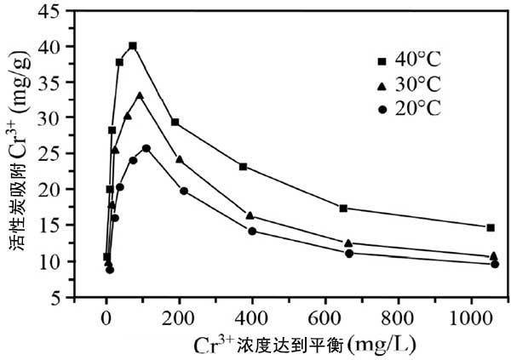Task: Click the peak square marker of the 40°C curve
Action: coord(133,46)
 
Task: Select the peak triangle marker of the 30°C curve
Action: coord(140,95)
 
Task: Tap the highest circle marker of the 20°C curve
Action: coord(146,148)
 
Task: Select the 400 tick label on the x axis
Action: coord(251,318)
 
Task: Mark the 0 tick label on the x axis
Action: coord(106,318)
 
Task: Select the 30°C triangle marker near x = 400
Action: coord(250,215)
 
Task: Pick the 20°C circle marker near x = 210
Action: coord(183,191)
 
